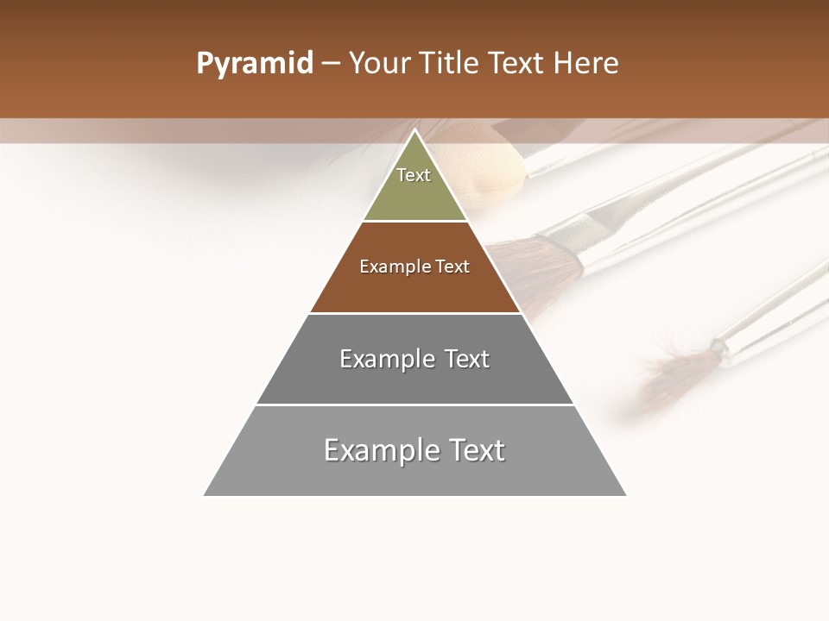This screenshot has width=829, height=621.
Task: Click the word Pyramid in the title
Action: [255, 64]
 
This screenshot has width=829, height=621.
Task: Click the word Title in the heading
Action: [449, 64]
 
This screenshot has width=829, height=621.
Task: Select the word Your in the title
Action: [379, 64]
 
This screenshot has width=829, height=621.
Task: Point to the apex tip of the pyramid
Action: [414, 131]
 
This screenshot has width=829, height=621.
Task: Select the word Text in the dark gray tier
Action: [467, 359]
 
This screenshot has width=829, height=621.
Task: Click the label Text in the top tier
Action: [414, 175]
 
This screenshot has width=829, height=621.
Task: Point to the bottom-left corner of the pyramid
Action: [205, 495]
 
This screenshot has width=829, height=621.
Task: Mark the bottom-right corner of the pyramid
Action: [625, 495]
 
